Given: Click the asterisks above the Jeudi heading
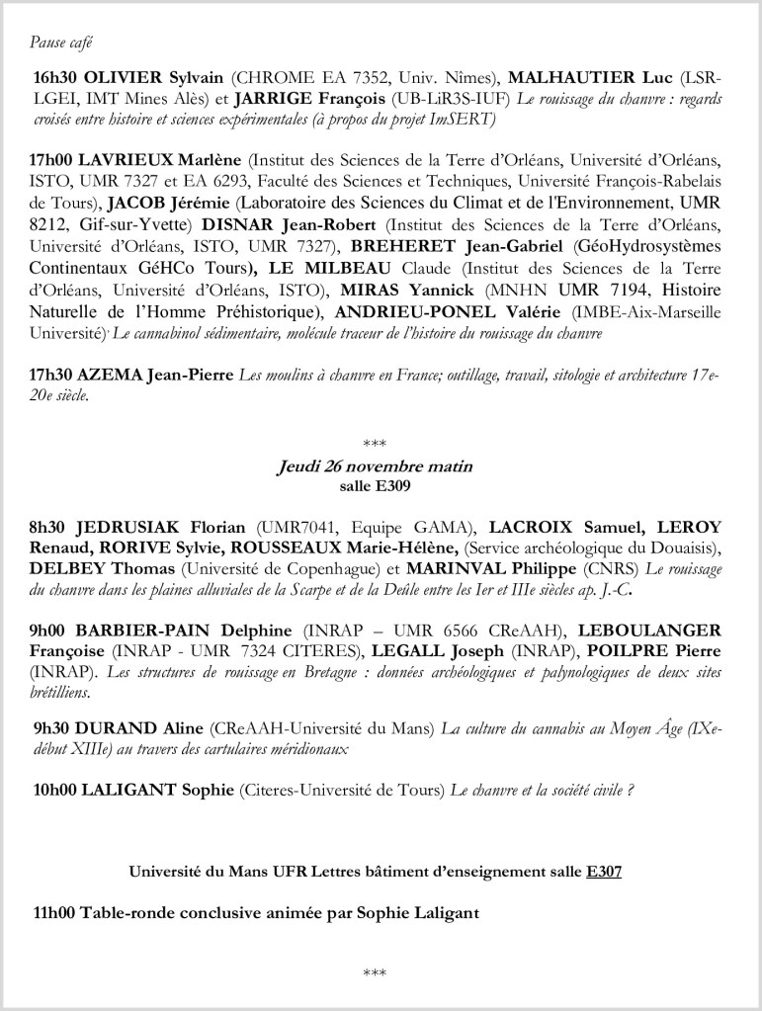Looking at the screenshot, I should point(374,442).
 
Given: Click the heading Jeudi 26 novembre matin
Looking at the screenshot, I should point(374,465).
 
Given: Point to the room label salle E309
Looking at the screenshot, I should point(374,486).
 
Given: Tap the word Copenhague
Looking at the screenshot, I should point(326,569).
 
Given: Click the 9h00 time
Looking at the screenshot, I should point(49,631).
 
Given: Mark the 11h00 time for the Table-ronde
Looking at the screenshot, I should point(55,913).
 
